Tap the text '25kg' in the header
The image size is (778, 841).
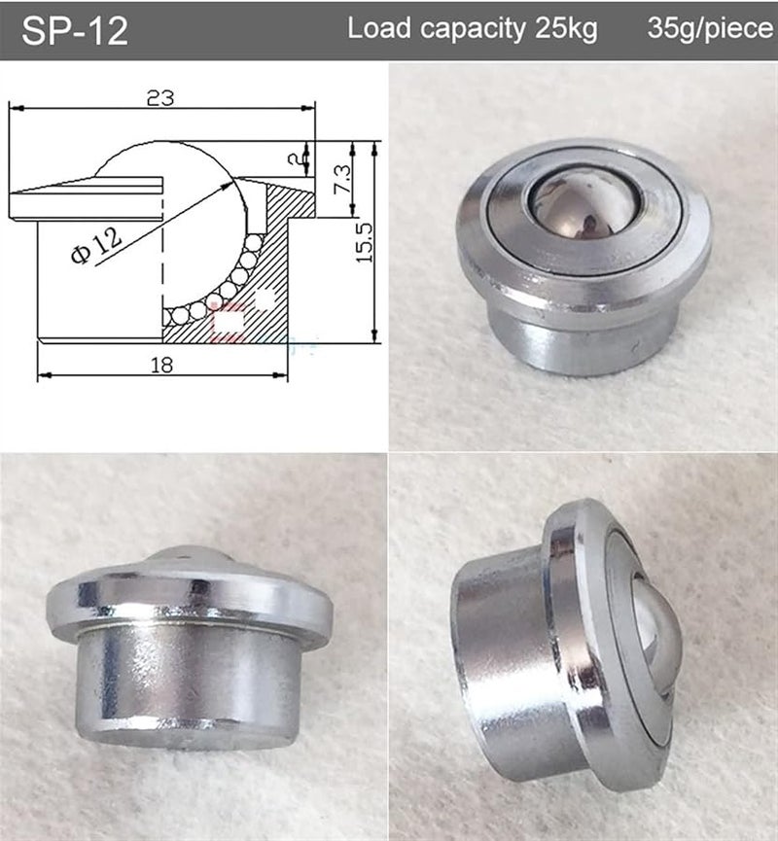click(x=567, y=28)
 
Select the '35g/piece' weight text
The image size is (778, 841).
click(x=711, y=28)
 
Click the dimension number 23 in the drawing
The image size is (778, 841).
click(x=160, y=98)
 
